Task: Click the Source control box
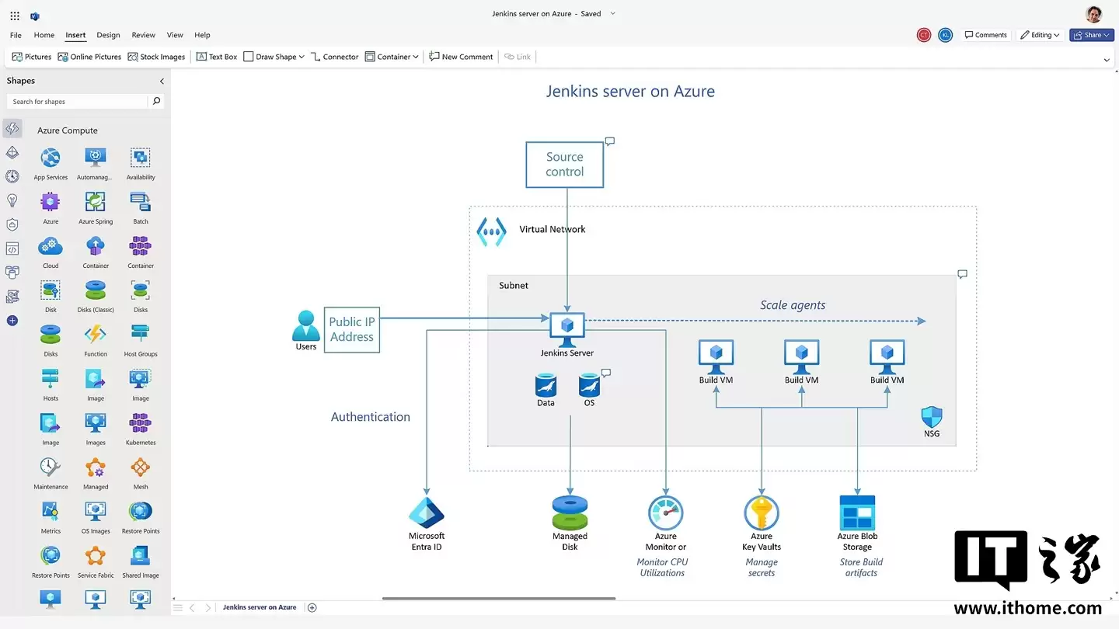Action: tap(565, 165)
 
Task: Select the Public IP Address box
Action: tap(352, 329)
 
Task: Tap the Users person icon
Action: tap(306, 325)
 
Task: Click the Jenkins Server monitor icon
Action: tap(567, 329)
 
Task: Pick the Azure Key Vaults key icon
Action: tap(762, 513)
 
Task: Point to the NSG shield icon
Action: tap(931, 417)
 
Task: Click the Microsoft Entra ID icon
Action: tap(427, 513)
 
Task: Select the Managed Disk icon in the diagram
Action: tap(570, 513)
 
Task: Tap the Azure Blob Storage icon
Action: tap(857, 513)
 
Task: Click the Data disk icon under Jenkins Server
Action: tap(546, 385)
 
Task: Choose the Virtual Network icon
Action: tap(491, 231)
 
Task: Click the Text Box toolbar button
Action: tap(217, 57)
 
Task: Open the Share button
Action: tap(1091, 35)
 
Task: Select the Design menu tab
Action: tap(108, 35)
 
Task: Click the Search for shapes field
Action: tap(78, 102)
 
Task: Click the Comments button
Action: tap(985, 35)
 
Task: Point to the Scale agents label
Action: tap(793, 305)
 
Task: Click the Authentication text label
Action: tap(371, 417)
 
